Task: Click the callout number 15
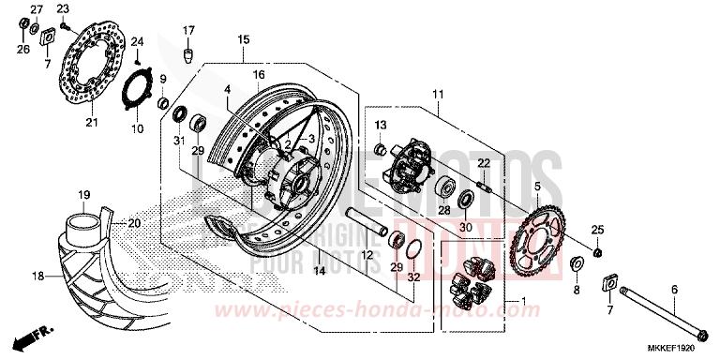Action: click(x=243, y=40)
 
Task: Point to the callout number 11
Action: click(x=437, y=95)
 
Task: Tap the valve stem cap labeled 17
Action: click(x=188, y=54)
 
